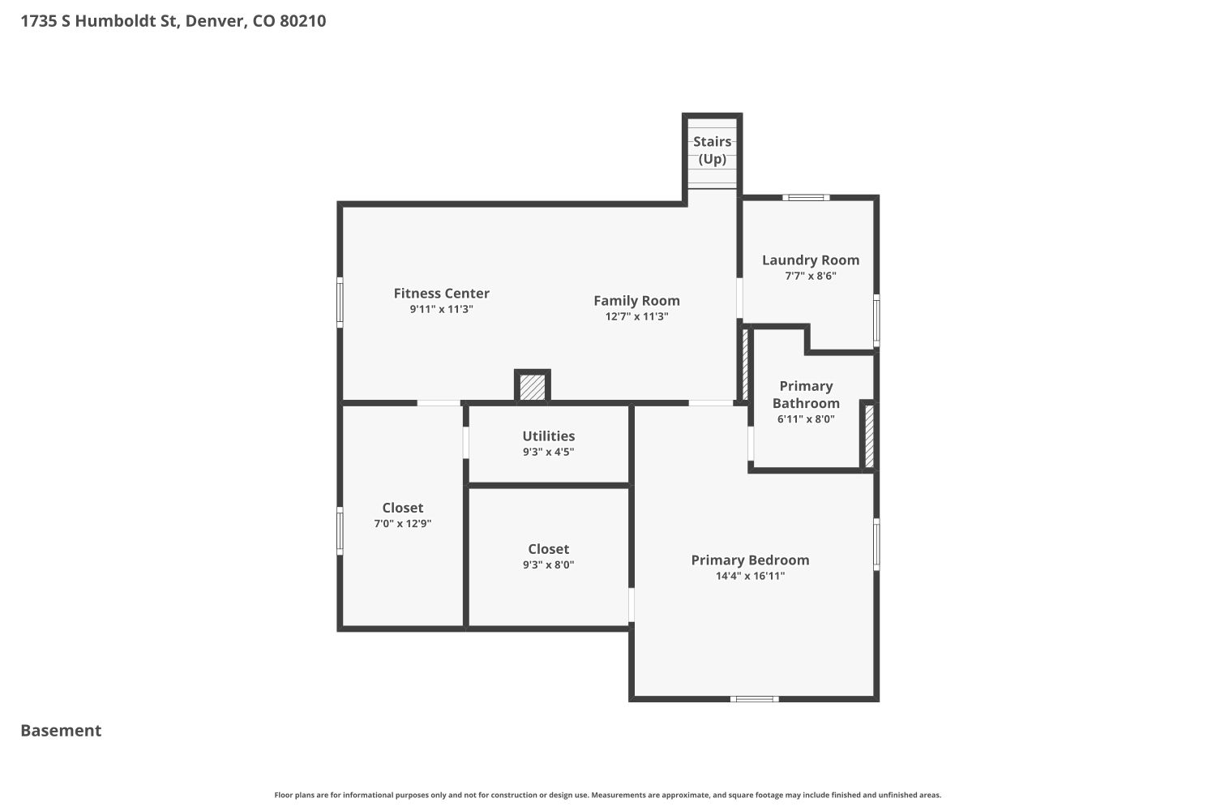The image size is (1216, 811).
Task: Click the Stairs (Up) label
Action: click(x=713, y=150)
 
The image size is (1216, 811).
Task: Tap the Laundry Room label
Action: click(x=811, y=260)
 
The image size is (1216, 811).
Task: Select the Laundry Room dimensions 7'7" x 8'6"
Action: click(x=811, y=276)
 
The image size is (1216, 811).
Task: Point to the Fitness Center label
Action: click(x=441, y=294)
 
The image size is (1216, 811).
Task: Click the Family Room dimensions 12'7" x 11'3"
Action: click(x=636, y=316)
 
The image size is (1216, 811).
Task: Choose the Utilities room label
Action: click(x=548, y=436)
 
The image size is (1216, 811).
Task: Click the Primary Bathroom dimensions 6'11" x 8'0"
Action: click(x=806, y=419)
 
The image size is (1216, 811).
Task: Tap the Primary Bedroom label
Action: click(x=750, y=560)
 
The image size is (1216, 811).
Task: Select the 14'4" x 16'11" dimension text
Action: click(x=750, y=576)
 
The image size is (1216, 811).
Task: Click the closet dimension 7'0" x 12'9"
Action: click(x=403, y=524)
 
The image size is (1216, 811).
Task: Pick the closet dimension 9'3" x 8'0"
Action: click(x=548, y=565)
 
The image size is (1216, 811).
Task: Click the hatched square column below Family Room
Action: click(x=532, y=386)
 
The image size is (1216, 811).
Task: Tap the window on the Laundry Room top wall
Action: click(x=806, y=198)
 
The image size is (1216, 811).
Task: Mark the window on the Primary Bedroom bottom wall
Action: click(x=754, y=699)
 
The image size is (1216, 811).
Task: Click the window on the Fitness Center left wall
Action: click(x=340, y=303)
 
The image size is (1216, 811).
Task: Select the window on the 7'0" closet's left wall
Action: click(x=340, y=531)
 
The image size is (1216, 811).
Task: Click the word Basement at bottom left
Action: click(x=61, y=731)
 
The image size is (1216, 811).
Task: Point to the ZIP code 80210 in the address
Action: click(x=303, y=21)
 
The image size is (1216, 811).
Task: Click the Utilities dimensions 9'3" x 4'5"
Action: click(x=548, y=452)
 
